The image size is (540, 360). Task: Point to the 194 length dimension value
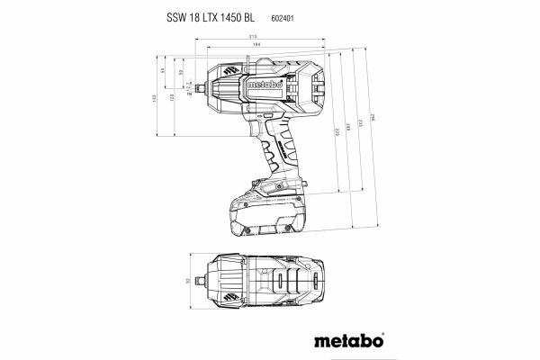click(x=258, y=47)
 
